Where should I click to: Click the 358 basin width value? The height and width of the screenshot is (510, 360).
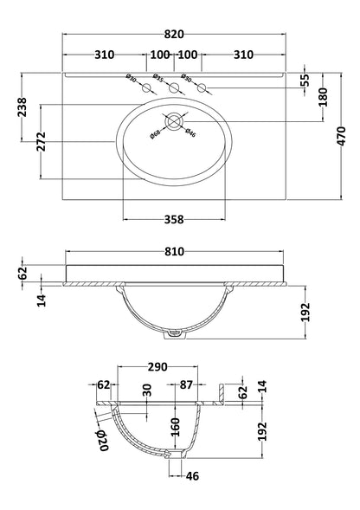tap(176, 220)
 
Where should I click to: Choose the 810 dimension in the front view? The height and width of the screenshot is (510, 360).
tap(178, 252)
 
